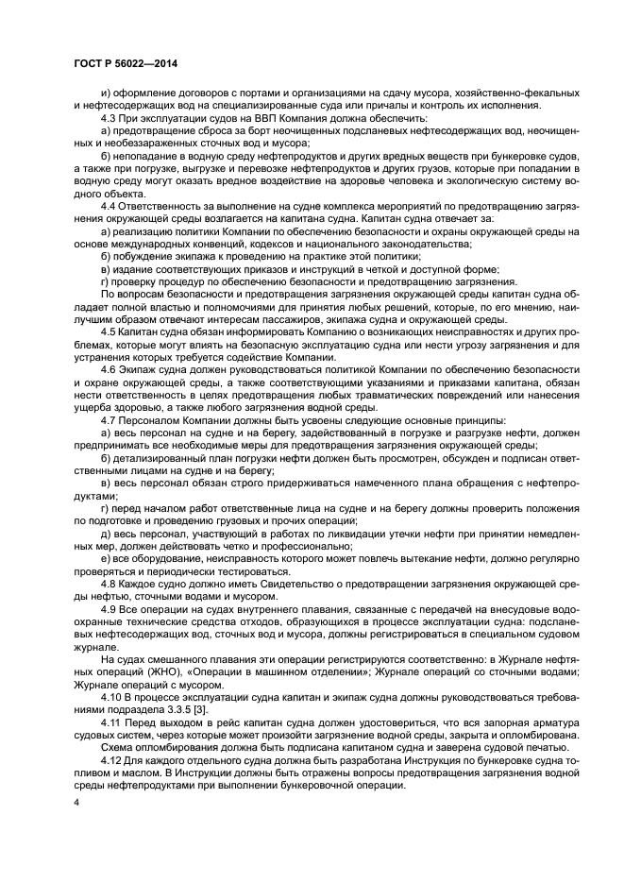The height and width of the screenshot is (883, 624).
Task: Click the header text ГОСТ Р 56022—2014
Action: [126, 62]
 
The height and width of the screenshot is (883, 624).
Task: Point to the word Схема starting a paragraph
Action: [119, 745]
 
